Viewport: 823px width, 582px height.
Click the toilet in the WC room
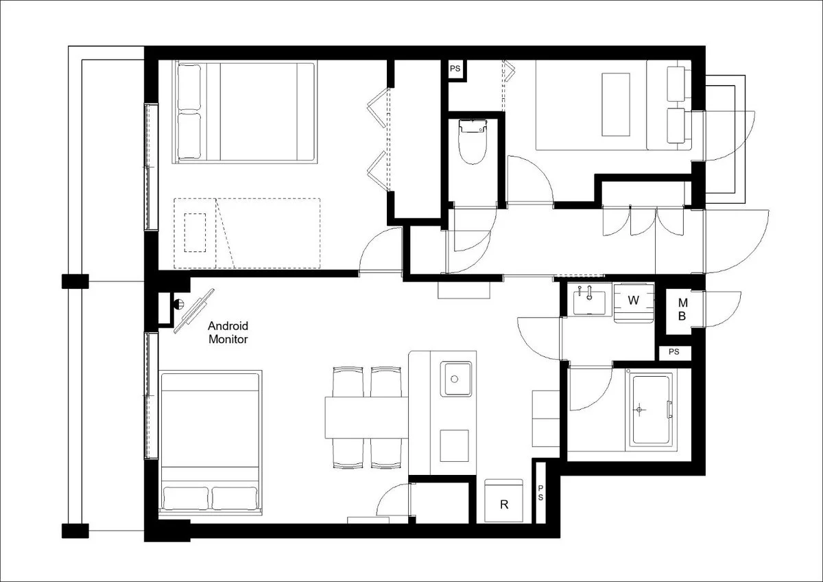(473, 141)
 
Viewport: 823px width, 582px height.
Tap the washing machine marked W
(634, 302)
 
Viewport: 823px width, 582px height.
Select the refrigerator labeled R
(503, 500)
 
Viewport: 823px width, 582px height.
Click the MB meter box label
(682, 310)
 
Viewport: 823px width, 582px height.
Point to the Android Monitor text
(228, 332)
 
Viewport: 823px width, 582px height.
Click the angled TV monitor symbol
(194, 311)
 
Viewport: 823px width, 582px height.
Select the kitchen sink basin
(455, 379)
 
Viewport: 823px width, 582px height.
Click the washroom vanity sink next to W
(589, 302)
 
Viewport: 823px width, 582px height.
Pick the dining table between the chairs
(367, 417)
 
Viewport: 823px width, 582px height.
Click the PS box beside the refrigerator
(540, 493)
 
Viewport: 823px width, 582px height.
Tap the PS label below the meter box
(673, 352)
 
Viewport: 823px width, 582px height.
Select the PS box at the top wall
(455, 69)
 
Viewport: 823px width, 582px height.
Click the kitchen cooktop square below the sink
(454, 445)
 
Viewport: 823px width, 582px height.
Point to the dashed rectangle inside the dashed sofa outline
(195, 233)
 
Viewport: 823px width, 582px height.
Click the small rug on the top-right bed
(616, 104)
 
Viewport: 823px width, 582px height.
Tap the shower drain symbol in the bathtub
(639, 409)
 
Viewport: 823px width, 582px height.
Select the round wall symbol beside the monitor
(178, 304)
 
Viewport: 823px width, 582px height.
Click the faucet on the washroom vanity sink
(589, 292)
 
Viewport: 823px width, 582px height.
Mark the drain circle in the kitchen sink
(455, 379)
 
